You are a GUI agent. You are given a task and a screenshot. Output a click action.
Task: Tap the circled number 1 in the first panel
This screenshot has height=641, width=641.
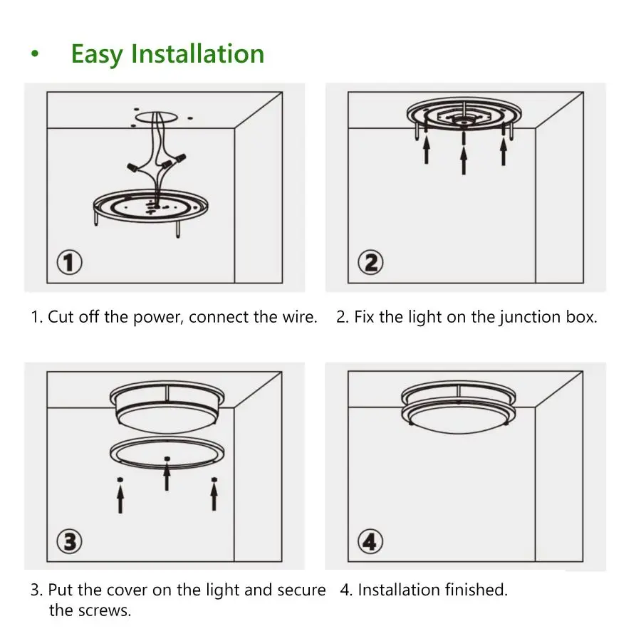69,264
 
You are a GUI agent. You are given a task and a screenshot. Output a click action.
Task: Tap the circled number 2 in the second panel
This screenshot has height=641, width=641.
370,264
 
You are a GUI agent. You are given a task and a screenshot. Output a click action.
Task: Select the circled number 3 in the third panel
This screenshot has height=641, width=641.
69,541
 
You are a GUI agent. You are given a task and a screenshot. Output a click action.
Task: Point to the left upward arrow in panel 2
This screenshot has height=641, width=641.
426,150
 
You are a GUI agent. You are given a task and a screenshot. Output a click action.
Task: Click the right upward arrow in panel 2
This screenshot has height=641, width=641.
504,150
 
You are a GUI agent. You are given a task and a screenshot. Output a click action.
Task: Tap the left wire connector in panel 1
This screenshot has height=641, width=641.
133,167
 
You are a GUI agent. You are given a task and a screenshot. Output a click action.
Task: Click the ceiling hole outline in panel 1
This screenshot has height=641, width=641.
155,116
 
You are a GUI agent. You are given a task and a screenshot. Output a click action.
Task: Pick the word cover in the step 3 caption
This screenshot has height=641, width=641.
126,590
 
